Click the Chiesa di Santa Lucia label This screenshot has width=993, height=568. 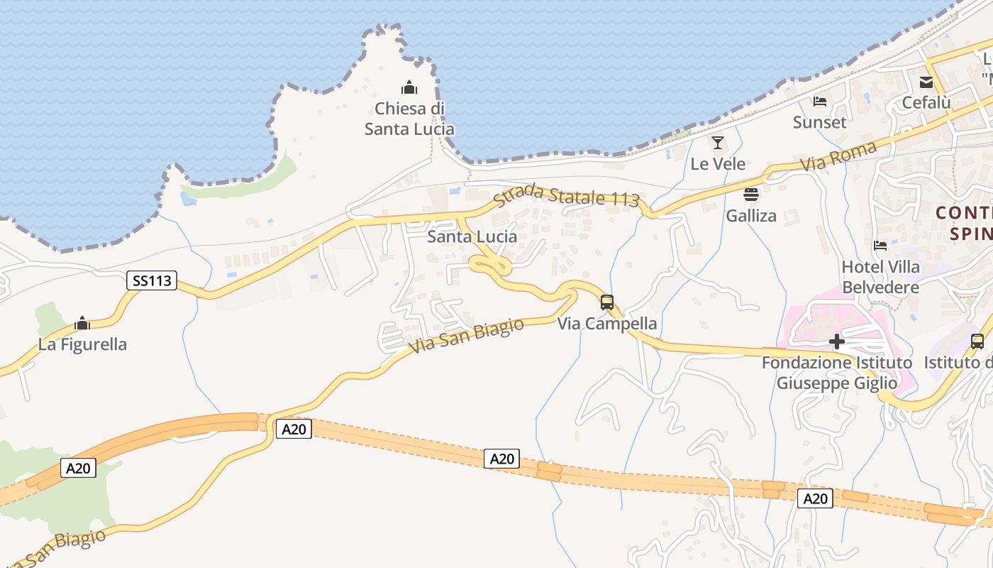pyautogui.click(x=409, y=119)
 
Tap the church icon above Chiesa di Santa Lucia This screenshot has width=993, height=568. pyautogui.click(x=409, y=88)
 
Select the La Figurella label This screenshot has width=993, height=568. pyautogui.click(x=82, y=344)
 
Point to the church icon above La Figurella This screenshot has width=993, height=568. pyautogui.click(x=82, y=324)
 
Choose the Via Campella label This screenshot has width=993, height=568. pyautogui.click(x=607, y=324)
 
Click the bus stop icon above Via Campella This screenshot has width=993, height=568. pyautogui.click(x=607, y=302)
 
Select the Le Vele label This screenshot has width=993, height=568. pyautogui.click(x=718, y=164)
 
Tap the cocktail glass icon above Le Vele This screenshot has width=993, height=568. pyautogui.click(x=718, y=143)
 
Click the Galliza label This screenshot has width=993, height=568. pyautogui.click(x=751, y=215)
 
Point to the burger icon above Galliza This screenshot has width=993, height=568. pyautogui.click(x=751, y=194)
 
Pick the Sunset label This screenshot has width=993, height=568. pyautogui.click(x=819, y=122)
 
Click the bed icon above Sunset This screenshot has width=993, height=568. pyautogui.click(x=820, y=101)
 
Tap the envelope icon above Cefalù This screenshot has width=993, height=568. pyautogui.click(x=926, y=82)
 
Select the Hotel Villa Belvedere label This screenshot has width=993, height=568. pyautogui.click(x=880, y=277)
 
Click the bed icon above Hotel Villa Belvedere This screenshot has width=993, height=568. pyautogui.click(x=880, y=246)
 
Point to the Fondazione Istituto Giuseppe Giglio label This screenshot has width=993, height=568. pyautogui.click(x=837, y=373)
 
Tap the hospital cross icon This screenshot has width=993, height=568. pyautogui.click(x=837, y=342)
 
